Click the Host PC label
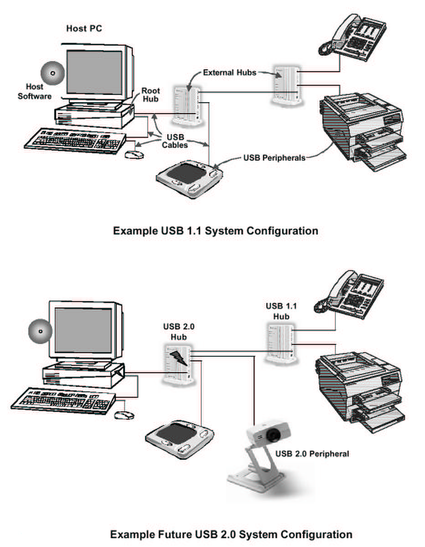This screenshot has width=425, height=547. (84, 28)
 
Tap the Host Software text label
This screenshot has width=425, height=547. (34, 92)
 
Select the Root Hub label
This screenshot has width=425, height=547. (150, 95)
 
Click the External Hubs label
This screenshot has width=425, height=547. (230, 73)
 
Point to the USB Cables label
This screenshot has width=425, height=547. (175, 141)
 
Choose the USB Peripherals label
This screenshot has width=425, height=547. (274, 158)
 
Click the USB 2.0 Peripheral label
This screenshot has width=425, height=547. (312, 454)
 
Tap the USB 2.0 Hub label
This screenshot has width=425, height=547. (178, 332)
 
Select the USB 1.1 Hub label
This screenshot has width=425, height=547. (281, 311)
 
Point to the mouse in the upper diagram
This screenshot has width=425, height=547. (134, 154)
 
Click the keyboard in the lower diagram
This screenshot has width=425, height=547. (63, 401)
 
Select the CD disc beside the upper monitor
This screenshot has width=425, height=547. (52, 73)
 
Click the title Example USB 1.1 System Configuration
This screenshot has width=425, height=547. (215, 231)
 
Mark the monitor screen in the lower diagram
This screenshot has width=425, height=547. (83, 330)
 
